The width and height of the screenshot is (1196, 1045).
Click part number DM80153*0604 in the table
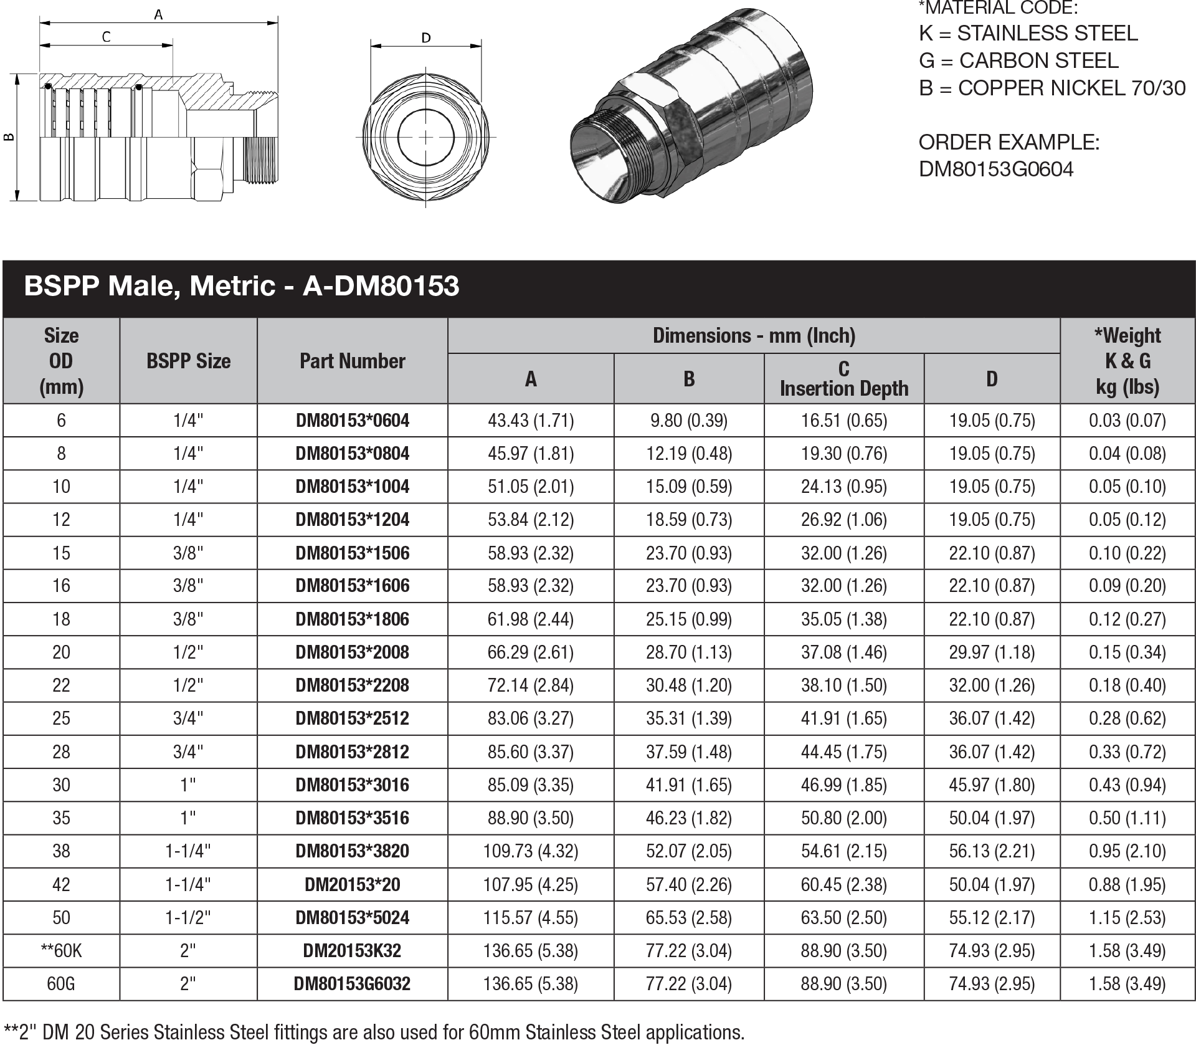click(x=352, y=421)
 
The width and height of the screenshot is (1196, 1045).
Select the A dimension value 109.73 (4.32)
click(x=530, y=851)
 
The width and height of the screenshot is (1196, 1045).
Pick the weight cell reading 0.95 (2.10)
click(x=1127, y=851)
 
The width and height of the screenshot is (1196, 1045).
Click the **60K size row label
click(x=61, y=951)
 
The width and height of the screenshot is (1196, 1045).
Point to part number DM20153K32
click(x=352, y=951)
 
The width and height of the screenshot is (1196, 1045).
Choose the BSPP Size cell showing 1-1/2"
click(x=188, y=918)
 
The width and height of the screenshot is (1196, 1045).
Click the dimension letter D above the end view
click(x=426, y=38)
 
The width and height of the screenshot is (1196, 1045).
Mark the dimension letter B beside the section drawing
click(x=9, y=137)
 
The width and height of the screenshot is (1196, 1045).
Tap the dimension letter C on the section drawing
click(x=106, y=37)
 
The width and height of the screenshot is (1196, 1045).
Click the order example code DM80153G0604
click(x=996, y=169)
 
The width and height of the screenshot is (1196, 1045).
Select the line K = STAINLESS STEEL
click(x=1028, y=33)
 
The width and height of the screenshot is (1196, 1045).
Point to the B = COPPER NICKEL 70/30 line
click(x=1051, y=88)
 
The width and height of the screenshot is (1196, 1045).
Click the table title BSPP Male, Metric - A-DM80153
click(x=242, y=286)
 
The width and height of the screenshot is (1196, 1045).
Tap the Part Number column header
click(x=352, y=361)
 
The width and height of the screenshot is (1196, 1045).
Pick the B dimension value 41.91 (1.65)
click(x=688, y=785)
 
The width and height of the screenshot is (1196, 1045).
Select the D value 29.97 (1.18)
click(x=992, y=652)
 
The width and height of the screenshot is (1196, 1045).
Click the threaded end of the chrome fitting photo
click(x=607, y=159)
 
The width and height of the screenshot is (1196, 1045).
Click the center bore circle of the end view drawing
click(x=426, y=137)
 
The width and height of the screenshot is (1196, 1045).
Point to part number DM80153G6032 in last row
click(x=352, y=984)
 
